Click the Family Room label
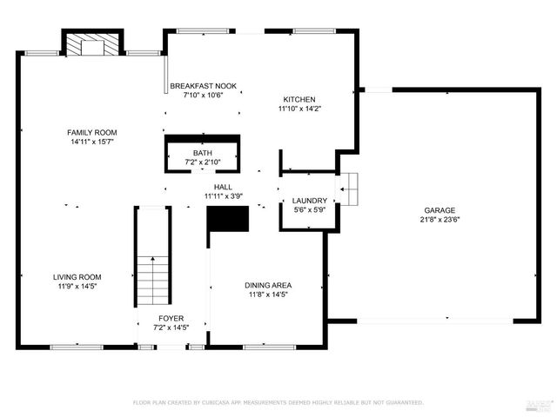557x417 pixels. pyautogui.click(x=92, y=132)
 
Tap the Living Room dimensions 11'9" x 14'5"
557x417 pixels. pyautogui.click(x=77, y=286)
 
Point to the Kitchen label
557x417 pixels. pyautogui.click(x=299, y=99)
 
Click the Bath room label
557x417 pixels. pyautogui.click(x=202, y=153)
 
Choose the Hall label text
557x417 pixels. pyautogui.click(x=223, y=187)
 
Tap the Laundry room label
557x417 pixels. pyautogui.click(x=309, y=201)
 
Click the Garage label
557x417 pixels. pyautogui.click(x=440, y=210)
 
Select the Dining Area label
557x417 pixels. pyautogui.click(x=267, y=285)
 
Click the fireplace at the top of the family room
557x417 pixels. pyautogui.click(x=88, y=45)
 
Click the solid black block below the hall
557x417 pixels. pyautogui.click(x=227, y=219)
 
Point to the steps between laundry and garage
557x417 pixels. pyautogui.click(x=349, y=188)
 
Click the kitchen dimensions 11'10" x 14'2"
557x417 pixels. pyautogui.click(x=299, y=109)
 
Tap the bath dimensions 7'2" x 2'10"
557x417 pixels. pyautogui.click(x=202, y=162)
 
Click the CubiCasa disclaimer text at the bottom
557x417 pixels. pyautogui.click(x=278, y=402)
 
